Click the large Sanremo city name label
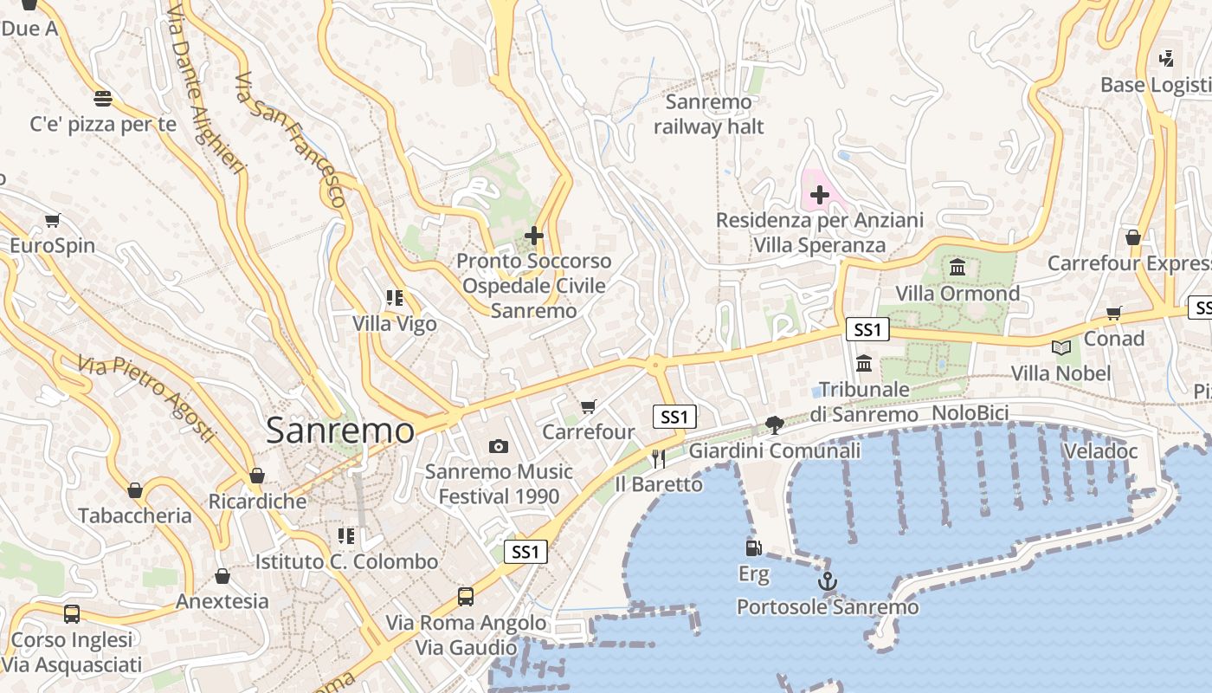click(x=339, y=431)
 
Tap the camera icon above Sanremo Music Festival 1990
click(x=498, y=446)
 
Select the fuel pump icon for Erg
click(x=753, y=547)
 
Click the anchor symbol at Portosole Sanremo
click(x=828, y=580)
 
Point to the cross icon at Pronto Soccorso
click(x=534, y=235)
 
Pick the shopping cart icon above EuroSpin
click(x=52, y=220)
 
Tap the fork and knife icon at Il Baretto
click(x=659, y=458)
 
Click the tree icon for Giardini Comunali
click(x=774, y=424)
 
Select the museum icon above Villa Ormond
click(x=957, y=267)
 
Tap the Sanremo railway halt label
click(x=708, y=114)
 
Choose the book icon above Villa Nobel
click(x=1060, y=347)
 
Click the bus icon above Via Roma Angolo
click(x=466, y=596)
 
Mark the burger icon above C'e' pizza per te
click(x=102, y=97)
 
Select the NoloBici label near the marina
click(x=970, y=413)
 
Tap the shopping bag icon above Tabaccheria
click(x=135, y=490)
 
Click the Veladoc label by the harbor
click(x=1099, y=450)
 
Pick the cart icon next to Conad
click(x=1113, y=313)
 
